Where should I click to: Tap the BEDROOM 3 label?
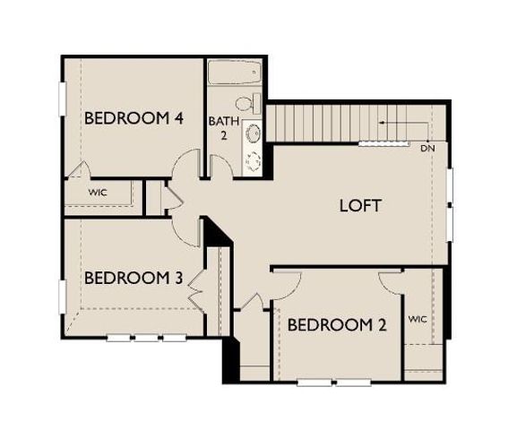pos(134,278)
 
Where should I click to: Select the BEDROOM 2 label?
pos(337,324)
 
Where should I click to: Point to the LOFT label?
pos(361,205)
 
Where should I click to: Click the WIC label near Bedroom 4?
pos(98,193)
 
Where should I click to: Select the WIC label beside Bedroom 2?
pos(418,319)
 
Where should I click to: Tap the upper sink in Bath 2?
pos(254,133)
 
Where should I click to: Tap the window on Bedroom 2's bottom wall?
pos(334,383)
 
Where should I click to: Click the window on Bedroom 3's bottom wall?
pos(145,338)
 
